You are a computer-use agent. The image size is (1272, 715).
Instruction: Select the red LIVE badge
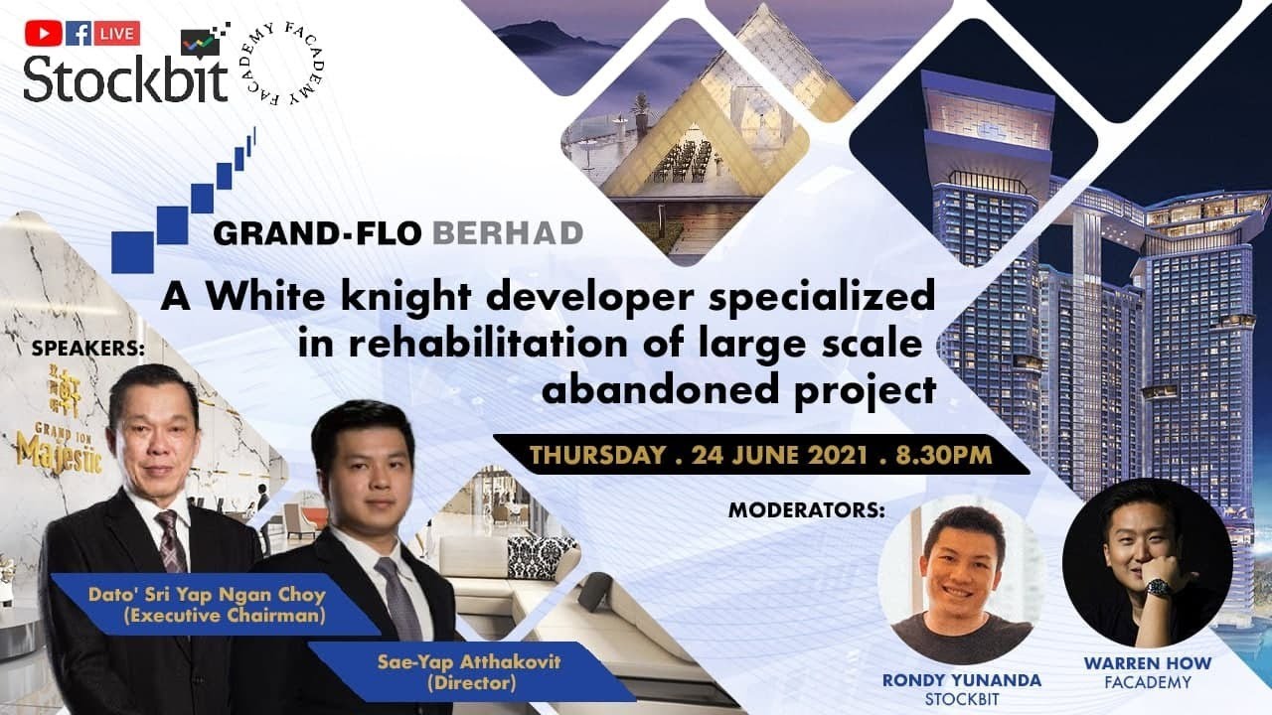point(117,33)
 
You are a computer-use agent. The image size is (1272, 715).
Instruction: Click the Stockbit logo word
point(125,78)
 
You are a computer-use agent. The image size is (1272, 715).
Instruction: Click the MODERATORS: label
point(806,510)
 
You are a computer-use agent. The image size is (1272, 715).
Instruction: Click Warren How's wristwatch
point(1158,588)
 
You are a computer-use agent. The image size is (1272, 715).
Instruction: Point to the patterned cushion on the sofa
point(540,556)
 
